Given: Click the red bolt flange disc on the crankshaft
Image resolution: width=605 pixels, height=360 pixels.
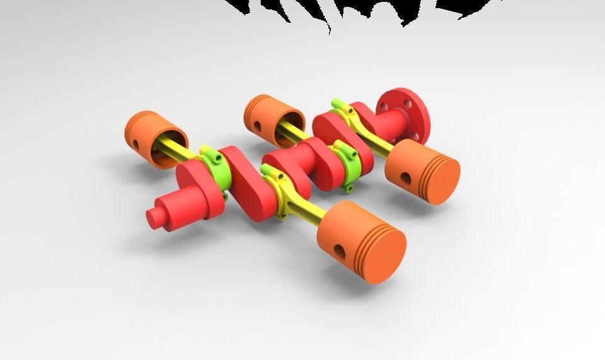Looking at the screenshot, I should [403, 113].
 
